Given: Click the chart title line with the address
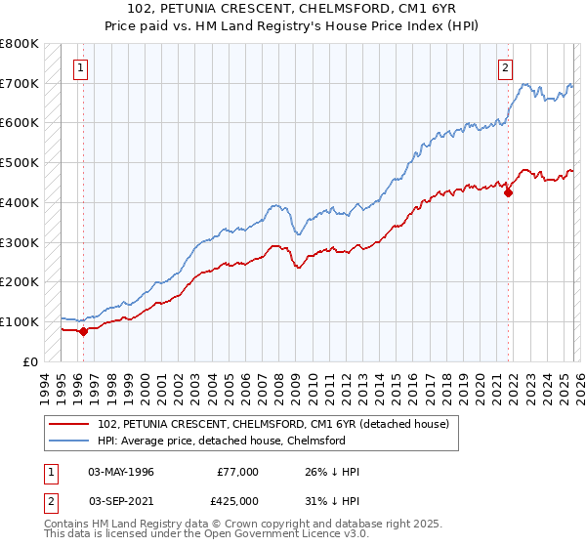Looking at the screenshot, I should tap(293, 9).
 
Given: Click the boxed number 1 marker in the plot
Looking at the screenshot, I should tap(79, 68).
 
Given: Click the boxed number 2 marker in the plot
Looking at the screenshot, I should tap(505, 68).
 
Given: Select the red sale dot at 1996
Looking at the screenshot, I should tap(83, 330).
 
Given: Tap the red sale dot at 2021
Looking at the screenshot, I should tap(509, 192).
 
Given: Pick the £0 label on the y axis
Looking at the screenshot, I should tap(31, 361).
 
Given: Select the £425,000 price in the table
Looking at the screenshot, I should tap(238, 501).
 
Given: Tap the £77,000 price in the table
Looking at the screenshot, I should tap(238, 472).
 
